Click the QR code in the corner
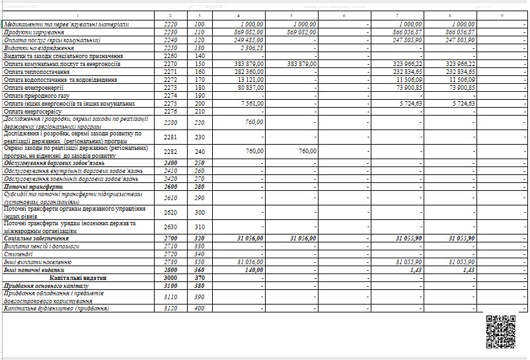(500, 332)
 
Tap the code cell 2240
(170, 40)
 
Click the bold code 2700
(170, 238)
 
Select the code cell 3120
(170, 308)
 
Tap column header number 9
(502, 15)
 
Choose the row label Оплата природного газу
(36, 95)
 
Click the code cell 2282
(170, 151)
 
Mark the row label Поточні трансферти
(32, 187)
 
